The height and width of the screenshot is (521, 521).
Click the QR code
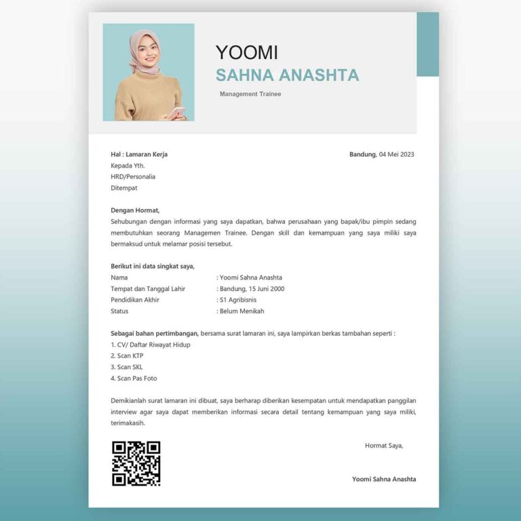pos(136,463)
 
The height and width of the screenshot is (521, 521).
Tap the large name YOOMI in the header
pos(246,52)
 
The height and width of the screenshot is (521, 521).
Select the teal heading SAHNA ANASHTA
pos(287,75)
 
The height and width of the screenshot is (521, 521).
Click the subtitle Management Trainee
pos(250,94)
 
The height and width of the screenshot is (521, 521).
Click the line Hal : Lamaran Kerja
pos(139,155)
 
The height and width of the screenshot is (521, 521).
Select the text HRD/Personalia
pos(133,176)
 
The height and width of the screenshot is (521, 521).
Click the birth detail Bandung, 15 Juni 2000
pos(252,288)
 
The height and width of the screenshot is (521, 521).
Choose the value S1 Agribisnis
pos(242,300)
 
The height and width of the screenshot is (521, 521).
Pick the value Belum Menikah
pos(242,311)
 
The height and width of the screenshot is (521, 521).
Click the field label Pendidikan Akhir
pos(135,300)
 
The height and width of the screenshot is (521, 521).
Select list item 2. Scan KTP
pos(127,355)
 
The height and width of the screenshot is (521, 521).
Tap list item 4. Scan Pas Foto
pos(134,378)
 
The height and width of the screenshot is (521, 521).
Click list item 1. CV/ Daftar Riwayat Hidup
pos(150,345)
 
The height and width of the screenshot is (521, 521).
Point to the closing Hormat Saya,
pos(384,446)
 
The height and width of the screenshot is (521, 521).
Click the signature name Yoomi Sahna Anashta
pos(384,479)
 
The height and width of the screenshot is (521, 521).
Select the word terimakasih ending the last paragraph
pos(128,423)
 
